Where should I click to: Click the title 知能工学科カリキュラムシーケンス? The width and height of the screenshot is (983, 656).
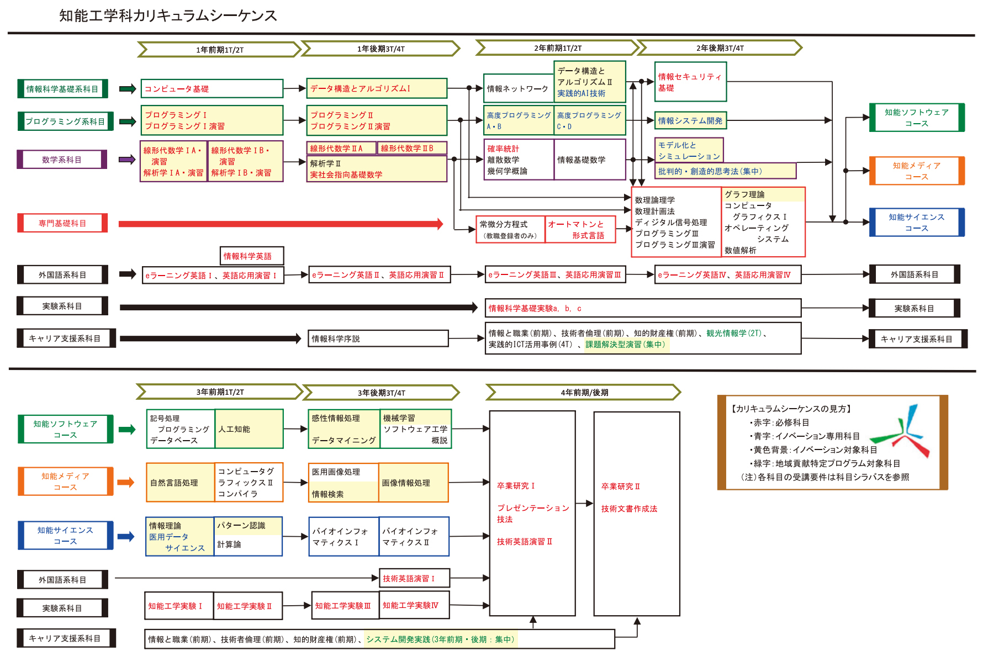[168, 15]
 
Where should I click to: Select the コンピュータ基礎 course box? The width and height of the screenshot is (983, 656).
[212, 89]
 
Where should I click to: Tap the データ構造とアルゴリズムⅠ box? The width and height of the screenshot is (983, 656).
[377, 88]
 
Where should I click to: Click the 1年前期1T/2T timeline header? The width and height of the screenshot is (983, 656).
[219, 50]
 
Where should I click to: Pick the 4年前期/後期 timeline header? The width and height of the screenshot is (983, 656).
[584, 393]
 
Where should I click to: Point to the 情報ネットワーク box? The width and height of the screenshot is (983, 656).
[518, 89]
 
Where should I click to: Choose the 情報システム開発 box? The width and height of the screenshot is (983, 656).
[690, 120]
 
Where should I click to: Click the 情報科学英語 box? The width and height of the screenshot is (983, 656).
[251, 256]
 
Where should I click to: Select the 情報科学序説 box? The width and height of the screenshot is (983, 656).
[378, 338]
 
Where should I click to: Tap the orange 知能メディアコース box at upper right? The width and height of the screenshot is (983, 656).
[917, 171]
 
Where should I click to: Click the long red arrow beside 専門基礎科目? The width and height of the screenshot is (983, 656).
[281, 224]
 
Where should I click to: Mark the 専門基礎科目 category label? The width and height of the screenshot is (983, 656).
[62, 224]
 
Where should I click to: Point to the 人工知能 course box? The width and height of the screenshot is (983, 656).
[249, 429]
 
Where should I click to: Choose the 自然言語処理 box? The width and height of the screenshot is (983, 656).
[180, 483]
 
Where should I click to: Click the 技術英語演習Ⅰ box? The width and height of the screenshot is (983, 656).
[414, 578]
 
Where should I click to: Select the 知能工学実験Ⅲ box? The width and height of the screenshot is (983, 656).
[345, 606]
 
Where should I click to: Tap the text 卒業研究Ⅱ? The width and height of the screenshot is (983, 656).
[621, 486]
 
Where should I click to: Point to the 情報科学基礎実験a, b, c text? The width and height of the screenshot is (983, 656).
[535, 309]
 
